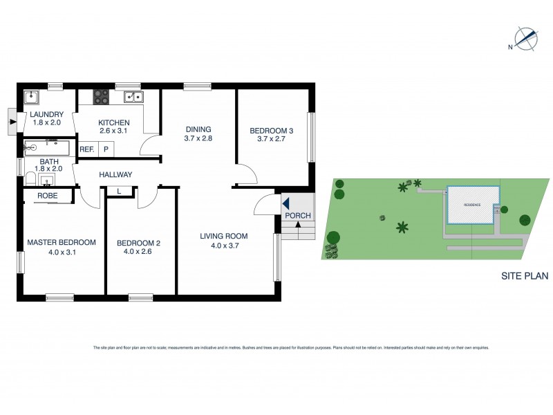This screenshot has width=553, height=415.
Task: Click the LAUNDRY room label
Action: point(46,115)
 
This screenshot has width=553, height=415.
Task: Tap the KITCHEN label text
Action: point(114,123)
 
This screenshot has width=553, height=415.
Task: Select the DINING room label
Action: point(198,129)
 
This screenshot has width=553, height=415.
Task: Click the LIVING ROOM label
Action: point(224,237)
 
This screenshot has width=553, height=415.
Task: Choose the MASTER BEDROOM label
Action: point(62,243)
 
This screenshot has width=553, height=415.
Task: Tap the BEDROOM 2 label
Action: point(138,243)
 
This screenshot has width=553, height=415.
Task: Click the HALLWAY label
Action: point(115,175)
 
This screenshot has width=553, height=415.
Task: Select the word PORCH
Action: point(299,216)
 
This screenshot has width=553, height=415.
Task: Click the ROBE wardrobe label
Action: point(47,196)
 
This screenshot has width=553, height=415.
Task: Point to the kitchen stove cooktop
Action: point(102,96)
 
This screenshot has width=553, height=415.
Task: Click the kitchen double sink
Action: point(133,96)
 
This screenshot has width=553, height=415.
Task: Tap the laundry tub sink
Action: point(32,97)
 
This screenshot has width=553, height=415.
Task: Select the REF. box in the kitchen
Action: point(87,149)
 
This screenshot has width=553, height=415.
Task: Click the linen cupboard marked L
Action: point(120,191)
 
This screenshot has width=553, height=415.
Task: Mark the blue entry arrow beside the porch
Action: point(285,203)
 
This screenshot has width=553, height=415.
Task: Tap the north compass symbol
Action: point(525,39)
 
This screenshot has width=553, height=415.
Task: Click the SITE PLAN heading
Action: point(524,276)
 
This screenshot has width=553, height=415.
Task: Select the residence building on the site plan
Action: point(474,205)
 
